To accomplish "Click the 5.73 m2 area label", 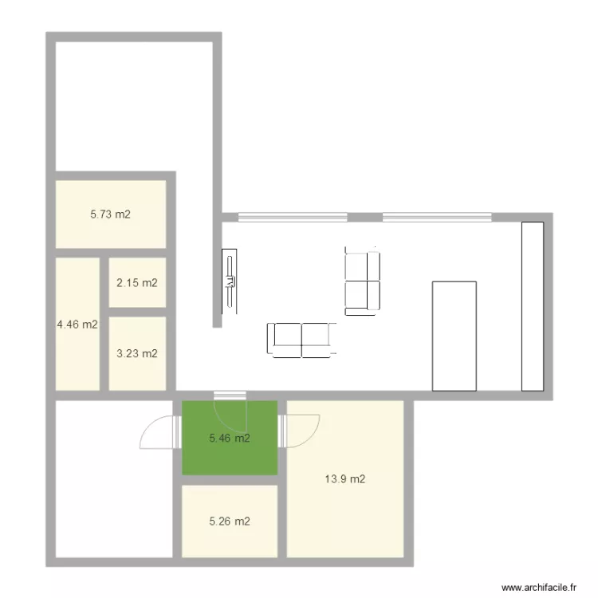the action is click(110, 214).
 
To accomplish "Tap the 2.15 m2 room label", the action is click(137, 283).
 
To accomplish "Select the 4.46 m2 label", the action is click(77, 325).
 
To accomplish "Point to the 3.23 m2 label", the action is click(137, 353).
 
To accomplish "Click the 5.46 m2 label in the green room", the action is click(230, 439).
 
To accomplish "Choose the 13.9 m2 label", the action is click(345, 479).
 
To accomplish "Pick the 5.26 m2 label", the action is click(230, 521).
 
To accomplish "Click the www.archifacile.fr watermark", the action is click(539, 588).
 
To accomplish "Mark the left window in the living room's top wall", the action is click(293, 218).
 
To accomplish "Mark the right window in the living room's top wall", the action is click(437, 218).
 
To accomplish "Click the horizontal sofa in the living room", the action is click(301, 340).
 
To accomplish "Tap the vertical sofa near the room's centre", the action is click(362, 281).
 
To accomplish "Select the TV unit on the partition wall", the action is click(229, 281).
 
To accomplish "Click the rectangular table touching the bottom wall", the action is click(454, 336).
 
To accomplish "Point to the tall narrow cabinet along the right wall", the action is click(533, 306).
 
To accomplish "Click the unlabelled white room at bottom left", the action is click(114, 479).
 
